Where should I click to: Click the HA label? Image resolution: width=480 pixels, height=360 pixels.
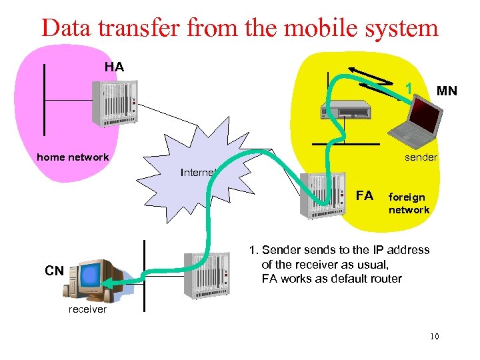(114, 67)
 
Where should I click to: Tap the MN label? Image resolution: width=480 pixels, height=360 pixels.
(446, 91)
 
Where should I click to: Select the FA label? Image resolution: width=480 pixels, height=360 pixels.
(365, 195)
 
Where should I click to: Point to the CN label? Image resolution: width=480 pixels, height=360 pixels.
(54, 271)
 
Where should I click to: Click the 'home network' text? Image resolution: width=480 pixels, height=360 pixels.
(73, 157)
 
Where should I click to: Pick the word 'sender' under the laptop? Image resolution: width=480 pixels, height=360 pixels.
(421, 157)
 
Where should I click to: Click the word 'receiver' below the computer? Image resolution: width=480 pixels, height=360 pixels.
(87, 309)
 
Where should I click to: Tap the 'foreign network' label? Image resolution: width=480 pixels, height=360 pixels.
(409, 203)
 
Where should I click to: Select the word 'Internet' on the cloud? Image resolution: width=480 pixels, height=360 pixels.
(199, 173)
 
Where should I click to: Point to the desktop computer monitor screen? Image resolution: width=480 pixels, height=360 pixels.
(91, 274)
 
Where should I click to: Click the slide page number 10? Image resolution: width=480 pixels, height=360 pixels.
(434, 337)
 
